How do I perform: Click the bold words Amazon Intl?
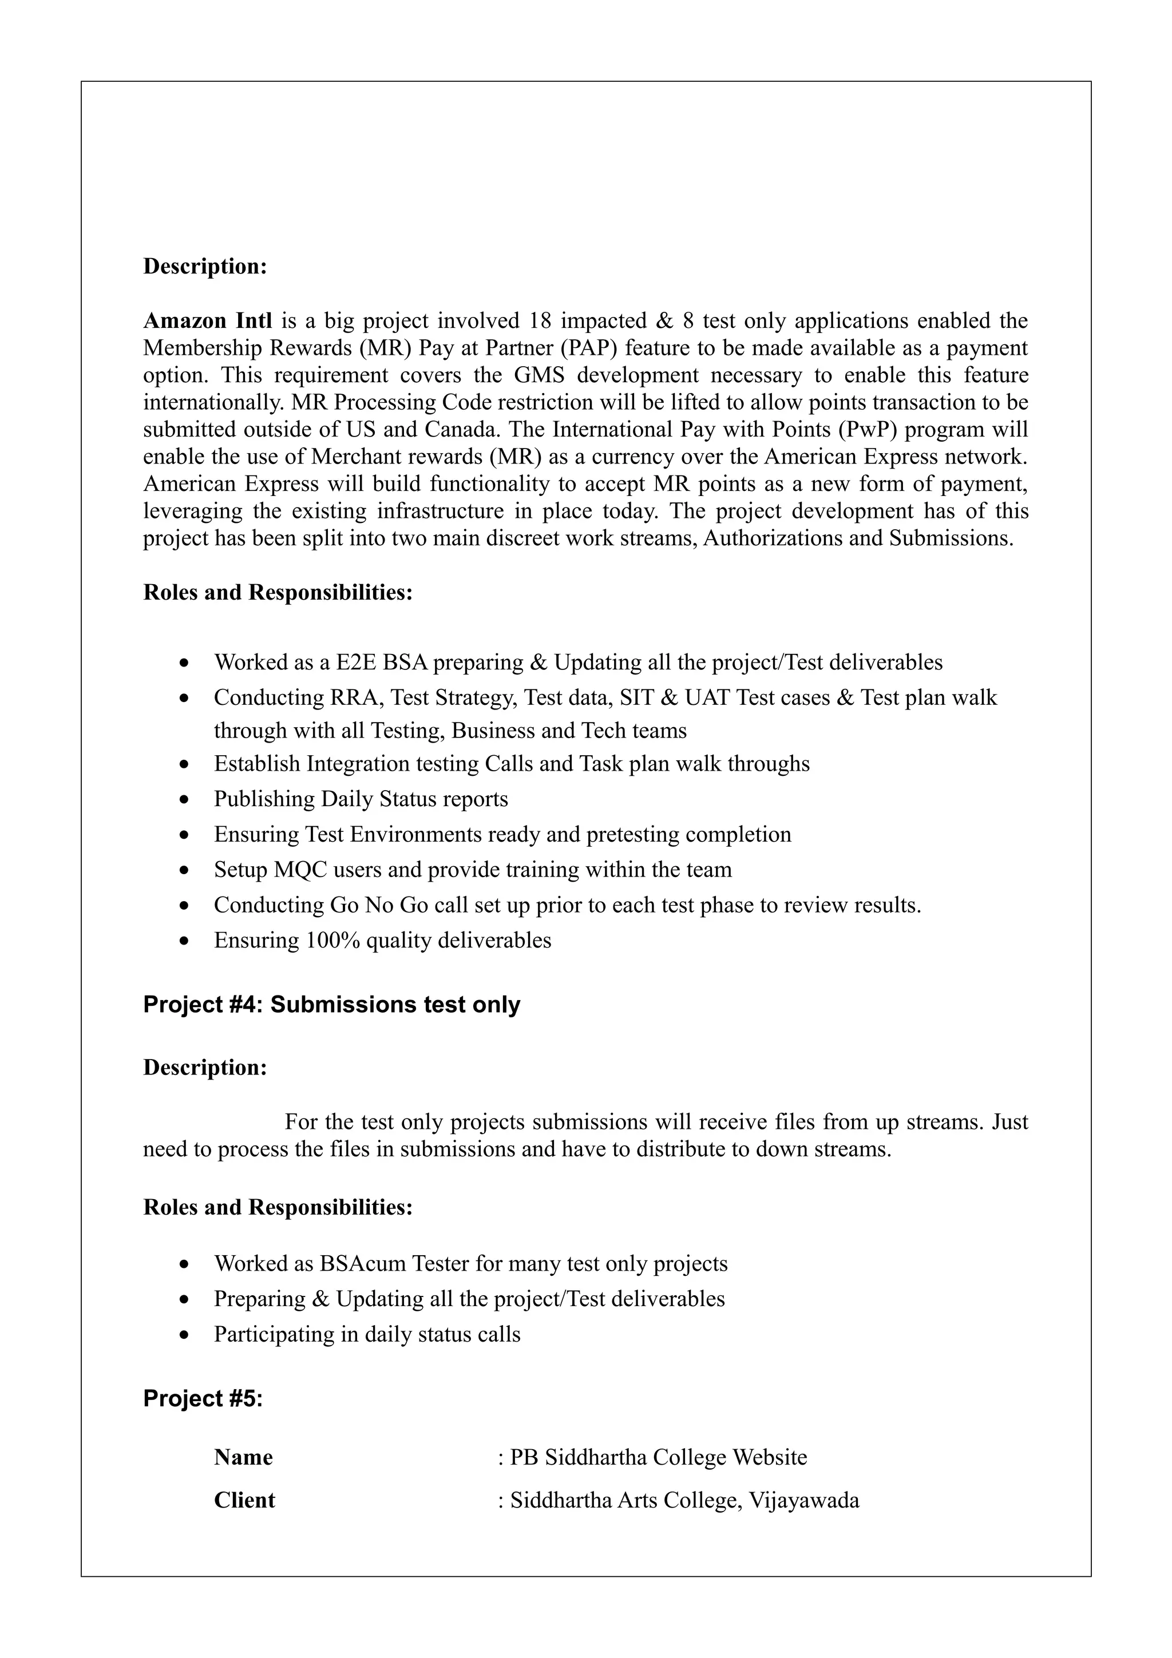click(x=207, y=320)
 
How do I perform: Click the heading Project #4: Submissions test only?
click(x=331, y=1005)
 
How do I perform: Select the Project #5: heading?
click(x=203, y=1398)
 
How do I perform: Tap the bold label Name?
click(x=243, y=1457)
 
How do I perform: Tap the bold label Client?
click(x=244, y=1500)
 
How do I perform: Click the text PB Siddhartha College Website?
click(x=658, y=1457)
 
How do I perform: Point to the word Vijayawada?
click(x=803, y=1500)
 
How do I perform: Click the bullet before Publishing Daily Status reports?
click(x=185, y=799)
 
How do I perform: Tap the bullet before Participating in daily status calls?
click(x=185, y=1335)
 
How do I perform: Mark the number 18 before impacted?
click(x=540, y=320)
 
